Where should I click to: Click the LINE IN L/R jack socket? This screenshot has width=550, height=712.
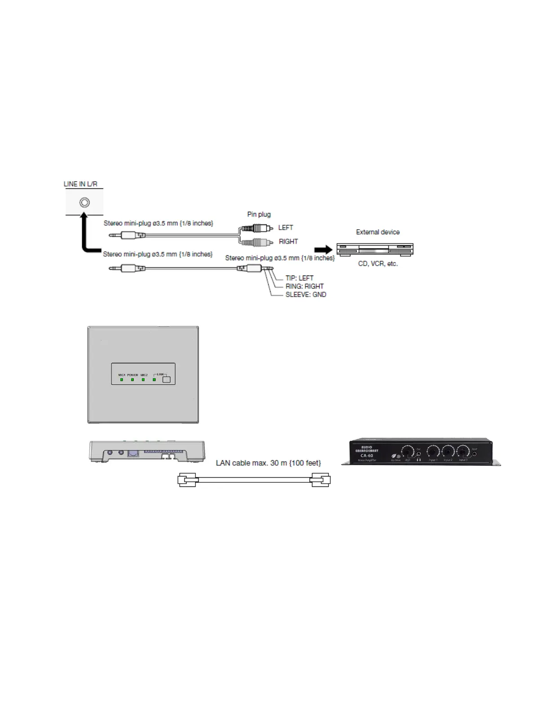click(x=84, y=203)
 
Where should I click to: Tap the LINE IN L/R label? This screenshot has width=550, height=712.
click(x=80, y=184)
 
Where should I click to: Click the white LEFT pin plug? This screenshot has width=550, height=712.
click(x=256, y=228)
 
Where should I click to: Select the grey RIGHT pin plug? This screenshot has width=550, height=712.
click(x=256, y=242)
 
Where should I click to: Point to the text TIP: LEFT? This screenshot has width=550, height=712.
click(x=299, y=278)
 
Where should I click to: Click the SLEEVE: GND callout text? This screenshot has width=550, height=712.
click(x=306, y=295)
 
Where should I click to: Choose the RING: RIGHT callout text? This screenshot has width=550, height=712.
click(x=304, y=286)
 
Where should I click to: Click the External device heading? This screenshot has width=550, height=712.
click(x=377, y=232)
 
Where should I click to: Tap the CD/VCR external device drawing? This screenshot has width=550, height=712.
click(x=375, y=249)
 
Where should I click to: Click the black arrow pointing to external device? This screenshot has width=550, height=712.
click(x=323, y=249)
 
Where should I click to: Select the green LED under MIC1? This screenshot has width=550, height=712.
click(x=122, y=380)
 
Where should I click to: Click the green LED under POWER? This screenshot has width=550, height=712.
click(x=133, y=380)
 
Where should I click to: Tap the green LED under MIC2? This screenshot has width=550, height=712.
click(x=143, y=380)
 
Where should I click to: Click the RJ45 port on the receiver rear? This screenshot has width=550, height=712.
click(x=133, y=453)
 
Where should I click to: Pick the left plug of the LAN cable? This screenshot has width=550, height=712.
click(x=188, y=480)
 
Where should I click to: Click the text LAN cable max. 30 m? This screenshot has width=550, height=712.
click(x=268, y=463)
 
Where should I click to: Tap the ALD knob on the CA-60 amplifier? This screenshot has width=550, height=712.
click(x=408, y=451)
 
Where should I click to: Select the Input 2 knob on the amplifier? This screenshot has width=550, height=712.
click(x=448, y=451)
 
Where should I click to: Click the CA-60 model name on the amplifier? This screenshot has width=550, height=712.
click(x=367, y=455)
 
